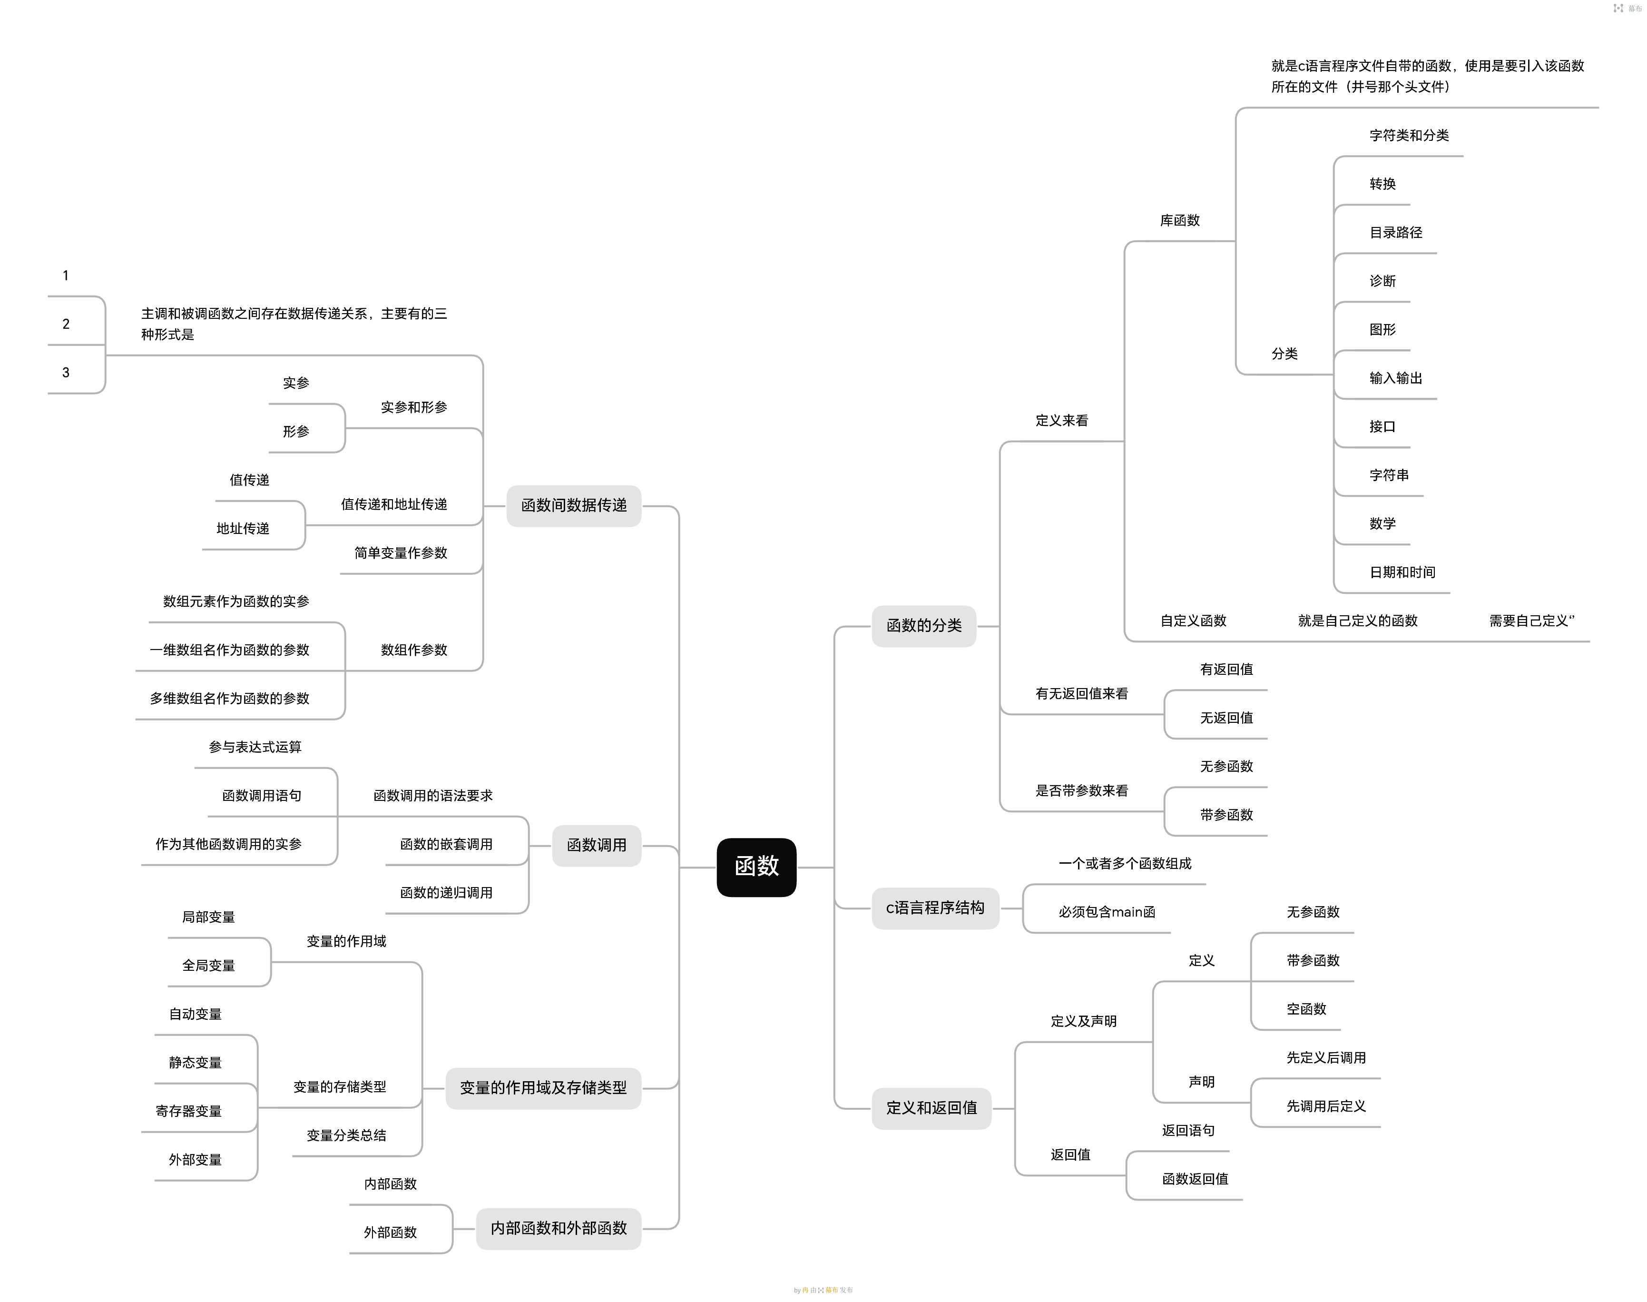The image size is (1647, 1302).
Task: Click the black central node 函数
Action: point(756,867)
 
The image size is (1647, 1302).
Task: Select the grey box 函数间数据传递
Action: point(573,505)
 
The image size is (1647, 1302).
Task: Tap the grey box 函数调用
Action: point(596,845)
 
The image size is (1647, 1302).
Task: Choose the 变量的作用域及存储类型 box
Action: point(543,1088)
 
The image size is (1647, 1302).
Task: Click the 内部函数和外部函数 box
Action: point(558,1228)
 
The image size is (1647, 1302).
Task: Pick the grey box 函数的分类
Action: point(924,626)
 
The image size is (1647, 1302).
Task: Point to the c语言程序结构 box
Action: point(935,908)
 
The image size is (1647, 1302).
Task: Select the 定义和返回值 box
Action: point(931,1108)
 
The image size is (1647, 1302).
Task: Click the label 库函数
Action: point(1180,220)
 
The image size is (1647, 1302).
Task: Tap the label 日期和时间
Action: point(1402,572)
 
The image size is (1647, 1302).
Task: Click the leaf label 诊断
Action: point(1382,281)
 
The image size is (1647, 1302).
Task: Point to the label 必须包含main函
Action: point(1107,912)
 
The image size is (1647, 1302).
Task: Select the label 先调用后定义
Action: point(1326,1106)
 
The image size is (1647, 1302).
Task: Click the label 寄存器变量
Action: point(188,1112)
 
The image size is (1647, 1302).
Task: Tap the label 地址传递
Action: point(242,529)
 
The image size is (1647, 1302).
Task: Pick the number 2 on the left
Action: point(66,324)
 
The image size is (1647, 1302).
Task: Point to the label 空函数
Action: point(1306,1009)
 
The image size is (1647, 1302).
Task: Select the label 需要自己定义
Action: point(1531,621)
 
